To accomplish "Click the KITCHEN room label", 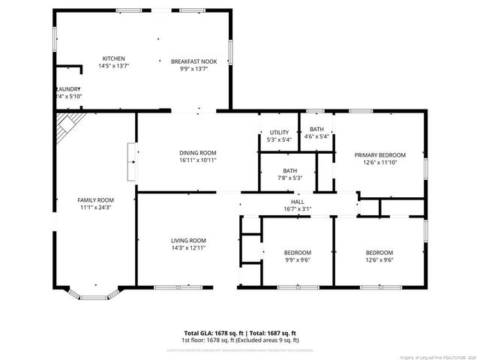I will tap(114, 58).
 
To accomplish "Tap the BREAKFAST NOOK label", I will tap(193, 61).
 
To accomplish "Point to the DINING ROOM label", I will tap(198, 151).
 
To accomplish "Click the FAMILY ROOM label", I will tap(95, 200).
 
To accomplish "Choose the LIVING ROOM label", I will tap(187, 240).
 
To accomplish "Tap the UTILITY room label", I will tap(279, 133).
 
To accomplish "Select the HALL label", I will tap(298, 202).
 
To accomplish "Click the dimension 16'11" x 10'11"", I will tap(198, 160).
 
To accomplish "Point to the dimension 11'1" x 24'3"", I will tap(95, 208).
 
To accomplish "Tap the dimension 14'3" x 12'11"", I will tap(187, 247).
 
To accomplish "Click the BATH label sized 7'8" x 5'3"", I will tap(289, 171).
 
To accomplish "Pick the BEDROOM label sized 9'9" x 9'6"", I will tap(298, 253).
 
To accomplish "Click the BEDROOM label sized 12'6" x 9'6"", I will tap(379, 253).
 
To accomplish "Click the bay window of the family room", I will tap(94, 295).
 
